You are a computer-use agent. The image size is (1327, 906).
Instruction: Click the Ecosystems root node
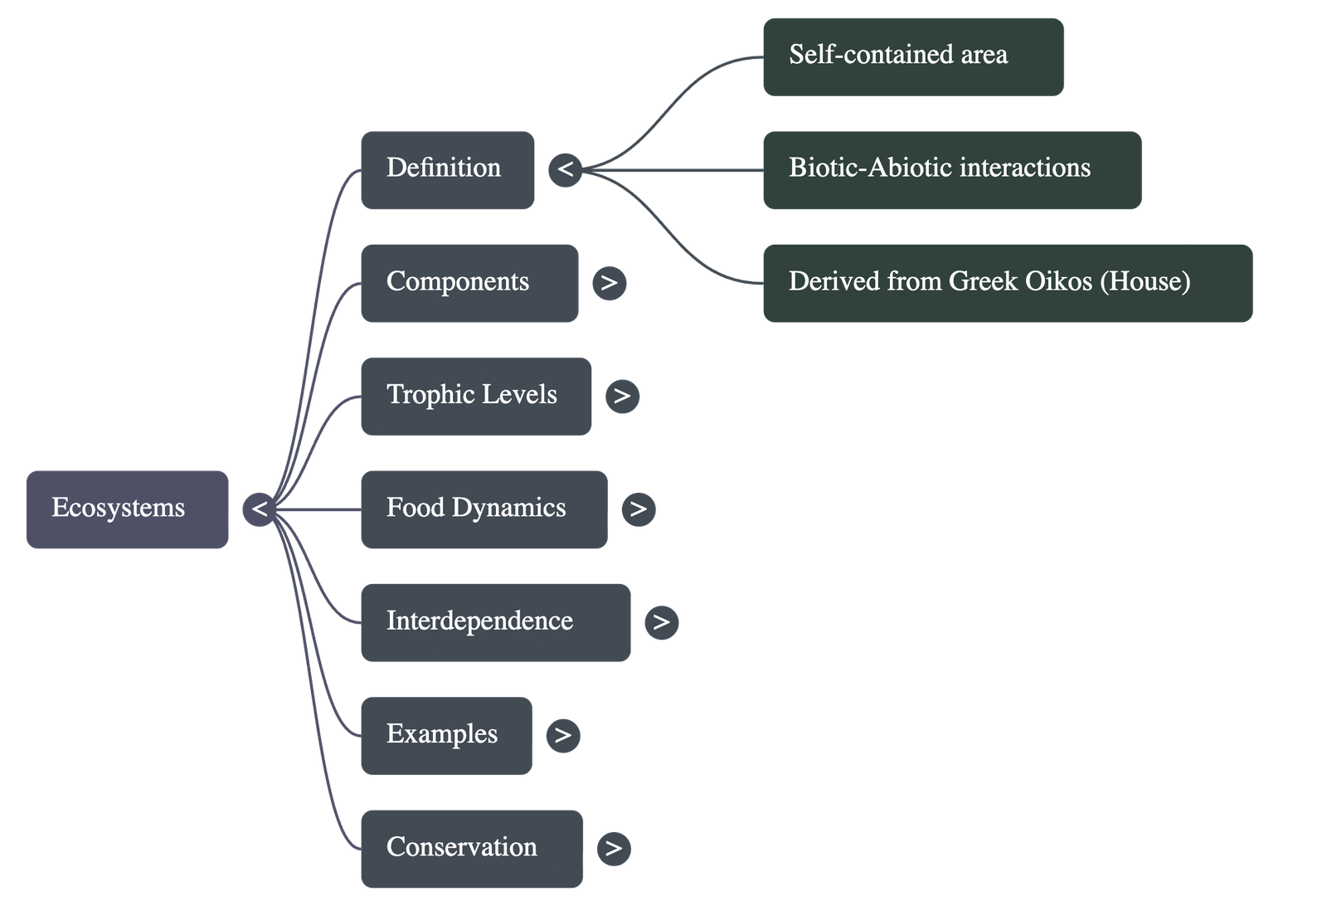pyautogui.click(x=127, y=509)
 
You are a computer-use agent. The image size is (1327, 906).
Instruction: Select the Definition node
pyautogui.click(x=447, y=169)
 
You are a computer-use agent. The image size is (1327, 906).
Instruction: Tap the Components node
pyautogui.click(x=469, y=283)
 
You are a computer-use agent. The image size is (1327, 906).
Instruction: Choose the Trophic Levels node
pyautogui.click(x=476, y=396)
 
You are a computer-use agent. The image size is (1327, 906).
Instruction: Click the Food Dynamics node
pyautogui.click(x=484, y=509)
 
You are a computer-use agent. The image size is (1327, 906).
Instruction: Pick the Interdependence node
pyautogui.click(x=495, y=622)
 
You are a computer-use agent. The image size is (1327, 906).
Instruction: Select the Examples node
pyautogui.click(x=446, y=735)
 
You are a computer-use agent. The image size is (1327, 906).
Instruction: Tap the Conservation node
pyautogui.click(x=471, y=848)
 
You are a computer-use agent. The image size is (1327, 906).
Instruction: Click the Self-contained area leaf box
pyautogui.click(x=912, y=56)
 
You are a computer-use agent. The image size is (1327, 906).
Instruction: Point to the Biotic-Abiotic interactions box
pyautogui.click(x=951, y=169)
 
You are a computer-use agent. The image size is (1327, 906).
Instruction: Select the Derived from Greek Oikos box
pyautogui.click(x=1007, y=283)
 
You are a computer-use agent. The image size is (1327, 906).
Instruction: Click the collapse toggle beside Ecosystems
pyautogui.click(x=260, y=509)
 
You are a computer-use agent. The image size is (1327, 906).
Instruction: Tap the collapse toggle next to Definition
pyautogui.click(x=566, y=169)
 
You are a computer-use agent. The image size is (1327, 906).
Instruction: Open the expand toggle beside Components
pyautogui.click(x=610, y=283)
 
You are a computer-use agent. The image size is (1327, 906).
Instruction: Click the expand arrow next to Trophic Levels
pyautogui.click(x=623, y=396)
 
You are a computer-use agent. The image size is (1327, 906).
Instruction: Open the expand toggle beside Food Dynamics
pyautogui.click(x=638, y=509)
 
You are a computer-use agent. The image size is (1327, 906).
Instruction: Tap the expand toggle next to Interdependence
pyautogui.click(x=661, y=622)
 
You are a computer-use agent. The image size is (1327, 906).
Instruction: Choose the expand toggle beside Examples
pyautogui.click(x=563, y=735)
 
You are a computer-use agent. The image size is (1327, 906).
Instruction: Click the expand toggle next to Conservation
pyautogui.click(x=614, y=848)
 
